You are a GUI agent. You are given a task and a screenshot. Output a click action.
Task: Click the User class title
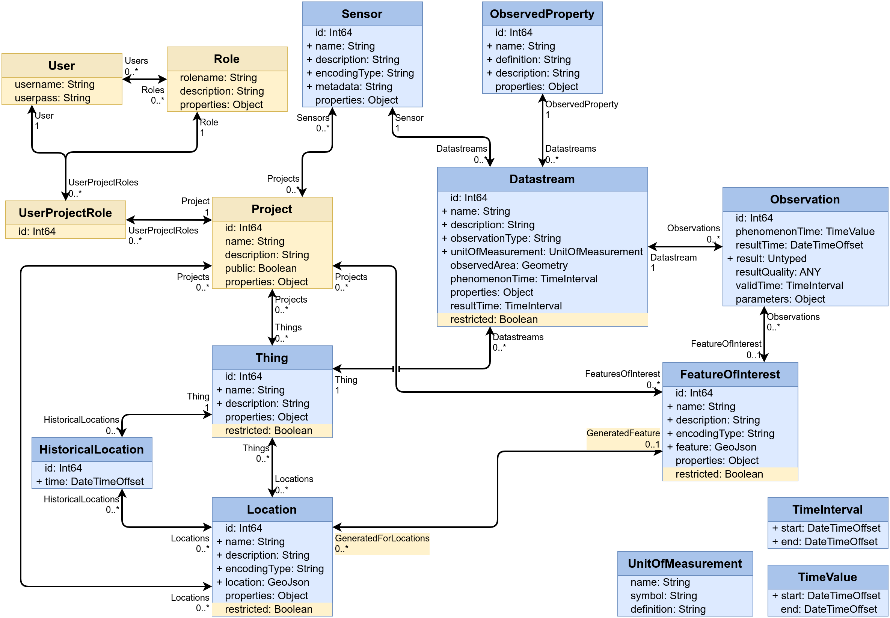[62, 66]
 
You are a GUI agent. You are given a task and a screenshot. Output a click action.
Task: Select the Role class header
[226, 59]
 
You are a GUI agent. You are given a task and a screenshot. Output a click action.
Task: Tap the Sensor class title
[362, 14]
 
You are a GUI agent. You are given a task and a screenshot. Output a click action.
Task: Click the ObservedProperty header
[542, 14]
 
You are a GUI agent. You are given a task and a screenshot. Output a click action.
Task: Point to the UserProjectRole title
[65, 213]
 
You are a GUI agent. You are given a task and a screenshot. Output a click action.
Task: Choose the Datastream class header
[542, 179]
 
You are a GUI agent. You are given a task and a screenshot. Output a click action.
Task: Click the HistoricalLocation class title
[91, 449]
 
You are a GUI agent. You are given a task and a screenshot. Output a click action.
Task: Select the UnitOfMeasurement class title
[685, 564]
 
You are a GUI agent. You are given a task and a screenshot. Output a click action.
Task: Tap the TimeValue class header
[827, 577]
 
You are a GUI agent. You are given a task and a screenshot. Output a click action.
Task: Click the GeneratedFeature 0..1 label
[623, 439]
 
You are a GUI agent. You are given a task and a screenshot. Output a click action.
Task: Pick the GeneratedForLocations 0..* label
[382, 544]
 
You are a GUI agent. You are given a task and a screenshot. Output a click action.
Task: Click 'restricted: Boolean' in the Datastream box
[494, 320]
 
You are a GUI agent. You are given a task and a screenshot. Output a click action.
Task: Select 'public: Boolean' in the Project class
[261, 268]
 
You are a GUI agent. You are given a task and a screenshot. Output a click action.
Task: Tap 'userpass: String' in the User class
[53, 98]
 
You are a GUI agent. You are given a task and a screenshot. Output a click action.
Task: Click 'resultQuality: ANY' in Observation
[778, 272]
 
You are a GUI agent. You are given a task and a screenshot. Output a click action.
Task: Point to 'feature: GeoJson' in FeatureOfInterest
[716, 447]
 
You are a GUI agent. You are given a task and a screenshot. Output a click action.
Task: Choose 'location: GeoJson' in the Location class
[267, 582]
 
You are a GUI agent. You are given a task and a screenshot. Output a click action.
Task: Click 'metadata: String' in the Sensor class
[354, 87]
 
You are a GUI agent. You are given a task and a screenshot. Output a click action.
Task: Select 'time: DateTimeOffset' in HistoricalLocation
[94, 482]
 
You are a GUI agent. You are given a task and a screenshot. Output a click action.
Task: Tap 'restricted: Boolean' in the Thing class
[269, 431]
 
